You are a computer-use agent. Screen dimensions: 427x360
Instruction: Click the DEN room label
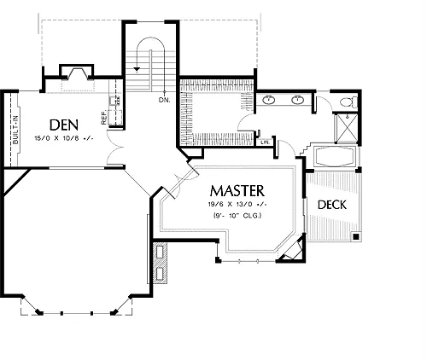(x=64, y=125)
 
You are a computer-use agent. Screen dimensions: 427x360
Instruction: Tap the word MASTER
(x=237, y=191)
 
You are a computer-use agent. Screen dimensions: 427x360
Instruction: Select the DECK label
(x=332, y=205)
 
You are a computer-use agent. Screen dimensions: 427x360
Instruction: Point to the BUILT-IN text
(x=15, y=130)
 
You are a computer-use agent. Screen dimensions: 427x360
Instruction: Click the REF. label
(x=103, y=117)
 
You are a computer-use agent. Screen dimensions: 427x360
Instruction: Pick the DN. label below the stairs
(x=165, y=100)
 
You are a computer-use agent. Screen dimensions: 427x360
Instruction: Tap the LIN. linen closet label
(x=265, y=142)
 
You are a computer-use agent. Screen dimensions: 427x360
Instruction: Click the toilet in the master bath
(x=349, y=102)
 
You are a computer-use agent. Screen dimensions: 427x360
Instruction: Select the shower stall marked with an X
(x=347, y=127)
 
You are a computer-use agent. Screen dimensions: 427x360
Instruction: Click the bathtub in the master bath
(x=335, y=156)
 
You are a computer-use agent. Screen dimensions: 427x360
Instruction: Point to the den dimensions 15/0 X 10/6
(x=64, y=138)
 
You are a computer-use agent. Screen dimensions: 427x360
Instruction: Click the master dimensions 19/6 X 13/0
(x=237, y=205)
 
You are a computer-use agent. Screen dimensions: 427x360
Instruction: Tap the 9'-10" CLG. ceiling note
(x=237, y=216)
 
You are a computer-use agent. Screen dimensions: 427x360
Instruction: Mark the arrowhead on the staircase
(x=137, y=69)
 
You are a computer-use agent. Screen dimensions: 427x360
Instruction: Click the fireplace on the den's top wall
(x=76, y=73)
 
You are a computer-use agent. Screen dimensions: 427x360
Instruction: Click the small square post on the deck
(x=355, y=236)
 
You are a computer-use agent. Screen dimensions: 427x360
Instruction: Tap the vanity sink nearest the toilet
(x=298, y=100)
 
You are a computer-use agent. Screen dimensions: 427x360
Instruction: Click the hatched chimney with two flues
(x=160, y=262)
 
